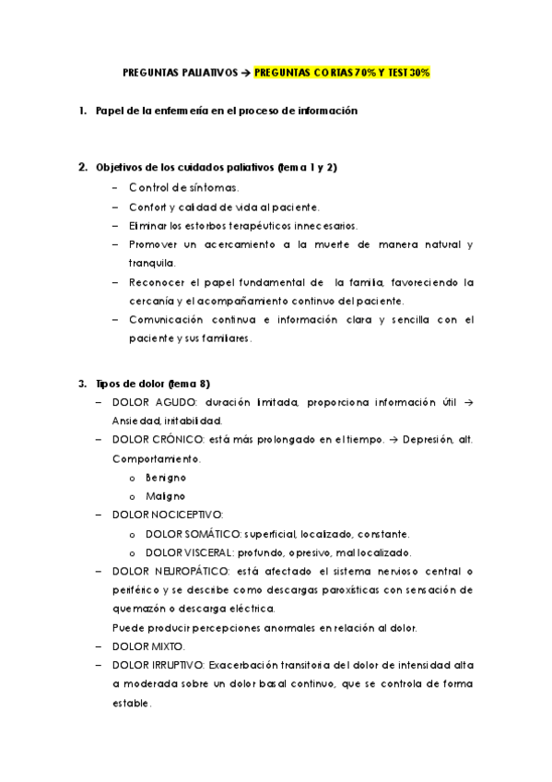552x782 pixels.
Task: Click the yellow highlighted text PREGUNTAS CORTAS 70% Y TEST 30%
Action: coord(342,72)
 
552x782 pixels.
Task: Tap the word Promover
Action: coord(152,244)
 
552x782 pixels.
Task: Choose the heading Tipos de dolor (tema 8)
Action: coord(154,383)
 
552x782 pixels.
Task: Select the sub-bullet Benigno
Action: coord(166,478)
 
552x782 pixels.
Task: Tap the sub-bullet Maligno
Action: coord(166,496)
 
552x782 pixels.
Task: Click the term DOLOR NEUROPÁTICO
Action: coord(164,572)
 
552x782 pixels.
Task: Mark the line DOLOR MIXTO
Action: coord(148,646)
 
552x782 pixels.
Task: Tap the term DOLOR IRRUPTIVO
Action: coord(159,666)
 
